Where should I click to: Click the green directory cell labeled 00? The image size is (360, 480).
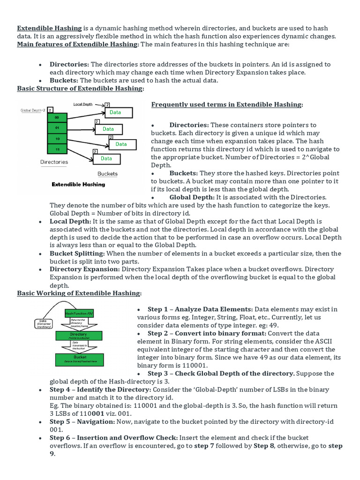coord(57,117)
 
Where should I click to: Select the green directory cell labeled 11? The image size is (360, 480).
coord(57,149)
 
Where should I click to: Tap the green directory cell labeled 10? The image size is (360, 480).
coord(57,138)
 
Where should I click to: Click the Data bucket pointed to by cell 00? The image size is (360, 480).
coord(115,112)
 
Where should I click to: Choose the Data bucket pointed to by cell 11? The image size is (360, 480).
coord(106,158)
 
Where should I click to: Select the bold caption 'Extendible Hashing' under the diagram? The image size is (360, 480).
coord(78,184)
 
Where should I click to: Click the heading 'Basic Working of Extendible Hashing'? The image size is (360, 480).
coord(79,293)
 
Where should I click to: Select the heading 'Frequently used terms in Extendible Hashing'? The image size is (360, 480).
coord(226,105)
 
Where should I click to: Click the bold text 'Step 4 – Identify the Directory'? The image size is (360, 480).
coord(100,390)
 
